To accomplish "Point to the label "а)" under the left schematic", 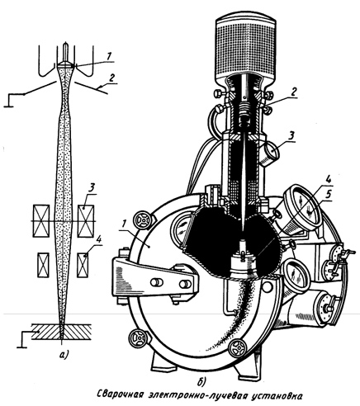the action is (x=64, y=356).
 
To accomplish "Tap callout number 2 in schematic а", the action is (x=111, y=78).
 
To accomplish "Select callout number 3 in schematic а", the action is (x=92, y=189).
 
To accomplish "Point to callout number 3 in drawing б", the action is (x=291, y=136).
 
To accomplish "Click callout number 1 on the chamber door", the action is (x=123, y=224).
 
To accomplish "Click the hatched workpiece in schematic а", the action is (x=61, y=332).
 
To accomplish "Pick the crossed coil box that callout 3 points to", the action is (x=86, y=221).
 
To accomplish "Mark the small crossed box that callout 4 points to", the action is (x=83, y=265).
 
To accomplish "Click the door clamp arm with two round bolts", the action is (x=155, y=281).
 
